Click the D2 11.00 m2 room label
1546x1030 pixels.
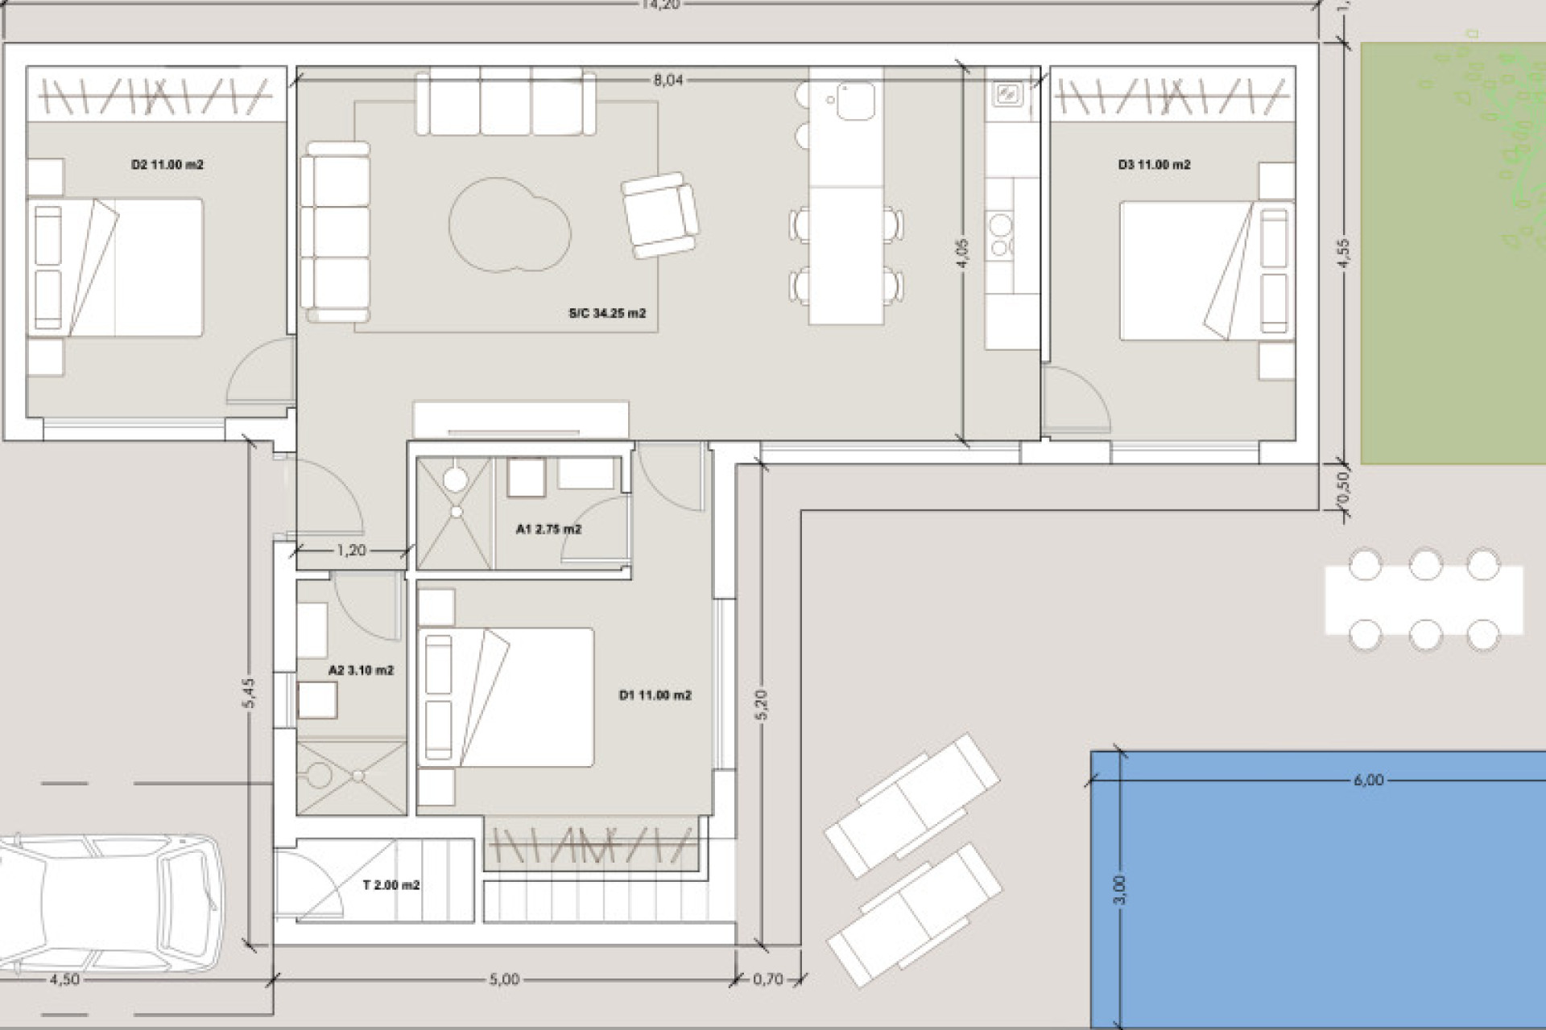(167, 165)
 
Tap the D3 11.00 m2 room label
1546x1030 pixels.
(1154, 165)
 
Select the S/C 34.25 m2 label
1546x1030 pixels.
(607, 314)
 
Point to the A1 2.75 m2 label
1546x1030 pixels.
(548, 529)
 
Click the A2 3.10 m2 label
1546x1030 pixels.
(361, 670)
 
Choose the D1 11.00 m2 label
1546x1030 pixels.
(655, 695)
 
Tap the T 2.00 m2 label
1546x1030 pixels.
(391, 885)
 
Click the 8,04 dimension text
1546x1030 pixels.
(668, 80)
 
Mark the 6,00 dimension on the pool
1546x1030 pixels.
(1369, 780)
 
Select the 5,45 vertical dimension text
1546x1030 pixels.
(249, 693)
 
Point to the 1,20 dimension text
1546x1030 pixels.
(351, 550)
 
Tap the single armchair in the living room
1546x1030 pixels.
(659, 215)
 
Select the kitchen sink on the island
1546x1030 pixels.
(854, 101)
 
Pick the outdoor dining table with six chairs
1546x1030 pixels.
(1424, 600)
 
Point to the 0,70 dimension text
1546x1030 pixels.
(767, 979)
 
